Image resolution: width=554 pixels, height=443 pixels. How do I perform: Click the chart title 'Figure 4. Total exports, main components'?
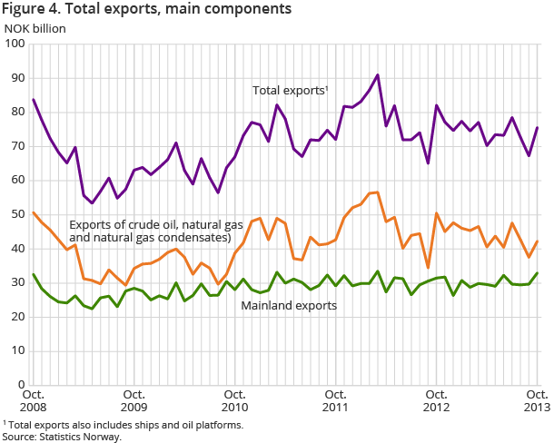coord(147,10)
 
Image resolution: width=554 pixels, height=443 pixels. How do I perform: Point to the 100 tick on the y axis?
coord(16,44)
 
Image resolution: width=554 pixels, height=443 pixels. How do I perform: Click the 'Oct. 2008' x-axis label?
coord(33,401)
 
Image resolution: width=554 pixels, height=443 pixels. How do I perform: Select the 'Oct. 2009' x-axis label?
coord(134,401)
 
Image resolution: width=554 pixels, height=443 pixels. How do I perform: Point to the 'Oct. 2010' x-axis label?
coord(234,401)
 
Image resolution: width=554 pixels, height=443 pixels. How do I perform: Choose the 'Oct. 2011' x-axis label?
coord(335,401)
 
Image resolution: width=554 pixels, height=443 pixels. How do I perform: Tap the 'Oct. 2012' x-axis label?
coord(436,401)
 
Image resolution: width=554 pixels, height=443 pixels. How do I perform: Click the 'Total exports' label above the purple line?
coord(289,91)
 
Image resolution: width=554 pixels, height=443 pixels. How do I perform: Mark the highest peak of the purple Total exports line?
coord(377,74)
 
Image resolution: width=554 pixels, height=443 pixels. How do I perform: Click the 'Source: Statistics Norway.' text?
coord(62,437)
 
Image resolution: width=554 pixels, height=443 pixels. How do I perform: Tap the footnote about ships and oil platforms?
coord(123,424)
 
